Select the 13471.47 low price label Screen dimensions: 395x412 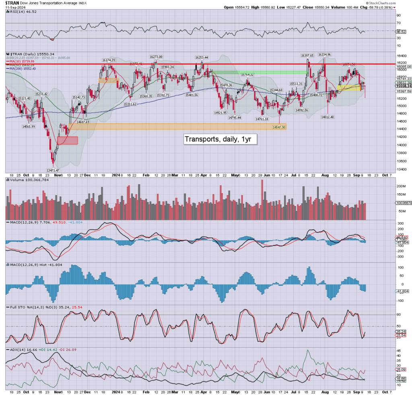[x=52, y=170]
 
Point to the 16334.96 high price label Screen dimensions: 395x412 [x=324, y=54]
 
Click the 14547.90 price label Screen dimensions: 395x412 [x=279, y=127]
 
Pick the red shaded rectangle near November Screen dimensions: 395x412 [x=68, y=141]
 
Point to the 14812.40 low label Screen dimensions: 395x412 [x=328, y=117]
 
